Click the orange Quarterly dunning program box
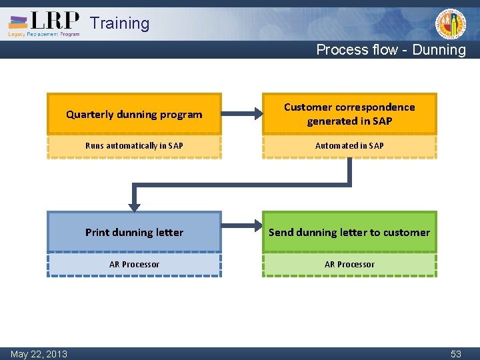(134, 114)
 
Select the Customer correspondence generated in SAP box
(349, 114)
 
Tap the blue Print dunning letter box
(134, 232)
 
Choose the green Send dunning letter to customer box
(349, 232)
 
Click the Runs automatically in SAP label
(134, 145)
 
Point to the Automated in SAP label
(349, 145)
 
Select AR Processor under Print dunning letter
(134, 264)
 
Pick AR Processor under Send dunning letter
(349, 264)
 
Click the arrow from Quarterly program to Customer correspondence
(241, 114)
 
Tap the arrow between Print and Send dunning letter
(241, 232)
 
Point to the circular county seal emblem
(451, 25)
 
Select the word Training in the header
(120, 23)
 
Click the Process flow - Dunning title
(391, 49)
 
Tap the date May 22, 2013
(39, 353)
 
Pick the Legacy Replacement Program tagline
(44, 34)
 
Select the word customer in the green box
(407, 232)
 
